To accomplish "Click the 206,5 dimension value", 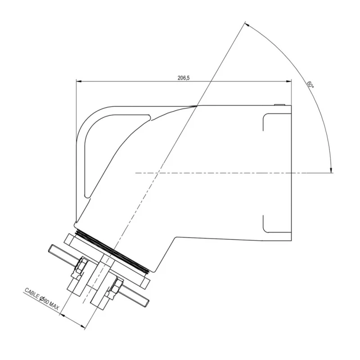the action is (184, 78).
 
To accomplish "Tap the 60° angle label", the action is (310, 85).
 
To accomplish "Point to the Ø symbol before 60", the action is (42, 299).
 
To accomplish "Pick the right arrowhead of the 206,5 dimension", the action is (288, 81).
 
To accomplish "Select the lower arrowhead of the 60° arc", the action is (331, 170).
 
